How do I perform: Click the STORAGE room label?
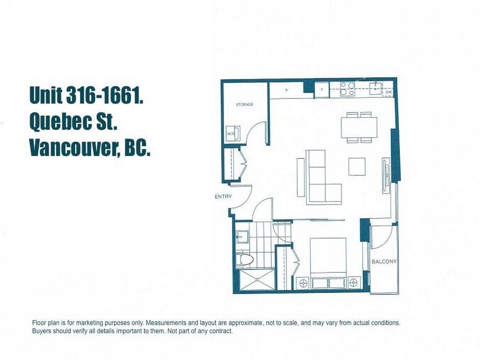[x=244, y=105]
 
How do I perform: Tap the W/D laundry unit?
[x=232, y=134]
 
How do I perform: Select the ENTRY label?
[x=223, y=197]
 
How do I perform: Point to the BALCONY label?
[x=384, y=262]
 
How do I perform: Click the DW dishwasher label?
[x=388, y=93]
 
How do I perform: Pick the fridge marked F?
[x=322, y=89]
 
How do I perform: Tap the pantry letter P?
[x=286, y=89]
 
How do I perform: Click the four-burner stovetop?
[x=347, y=89]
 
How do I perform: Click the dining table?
[x=359, y=127]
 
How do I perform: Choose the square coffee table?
[x=357, y=166]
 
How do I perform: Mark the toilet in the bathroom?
[x=245, y=260]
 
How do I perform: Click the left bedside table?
[x=302, y=283]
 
